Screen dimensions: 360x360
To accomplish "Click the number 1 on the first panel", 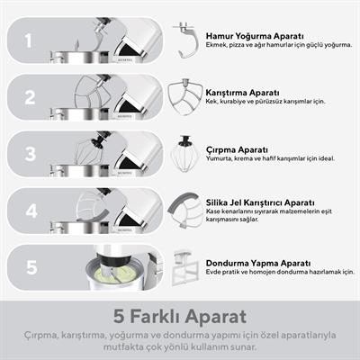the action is click(28, 40).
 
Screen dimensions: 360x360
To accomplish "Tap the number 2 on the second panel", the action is click(30, 97).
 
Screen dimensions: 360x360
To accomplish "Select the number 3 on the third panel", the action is click(31, 154).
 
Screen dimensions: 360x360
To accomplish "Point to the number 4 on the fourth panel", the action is click(31, 211).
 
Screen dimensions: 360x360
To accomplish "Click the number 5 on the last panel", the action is click(31, 267).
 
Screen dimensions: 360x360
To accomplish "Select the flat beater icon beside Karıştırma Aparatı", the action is click(184, 96).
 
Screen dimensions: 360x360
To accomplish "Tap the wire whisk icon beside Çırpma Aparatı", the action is click(184, 154).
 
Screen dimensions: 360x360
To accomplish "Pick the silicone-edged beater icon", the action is click(185, 210).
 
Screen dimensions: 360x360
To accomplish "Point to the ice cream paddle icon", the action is click(186, 268).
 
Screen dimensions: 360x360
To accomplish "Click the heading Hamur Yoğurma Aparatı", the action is click(255, 36).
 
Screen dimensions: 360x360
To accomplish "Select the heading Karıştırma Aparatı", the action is click(242, 93).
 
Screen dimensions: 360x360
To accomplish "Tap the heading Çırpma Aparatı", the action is click(237, 149).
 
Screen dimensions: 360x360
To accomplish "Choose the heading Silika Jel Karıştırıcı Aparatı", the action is click(260, 202).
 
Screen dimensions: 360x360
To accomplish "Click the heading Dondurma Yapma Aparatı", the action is click(258, 264).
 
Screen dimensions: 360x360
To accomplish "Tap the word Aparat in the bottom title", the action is click(216, 318).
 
